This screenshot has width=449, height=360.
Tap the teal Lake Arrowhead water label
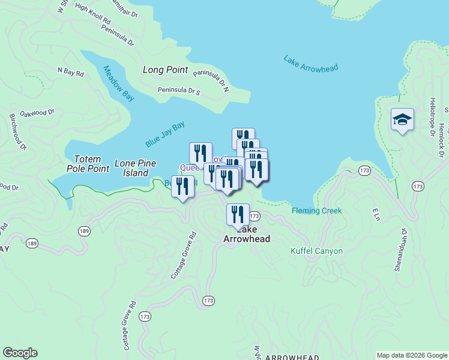pos(311,64)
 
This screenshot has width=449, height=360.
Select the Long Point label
pos(166,70)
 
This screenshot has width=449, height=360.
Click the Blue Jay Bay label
pos(165,135)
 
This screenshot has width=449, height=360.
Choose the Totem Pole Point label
pos(91,164)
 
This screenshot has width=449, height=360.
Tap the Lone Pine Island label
pos(135,168)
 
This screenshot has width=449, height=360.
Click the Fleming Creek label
pos(316,211)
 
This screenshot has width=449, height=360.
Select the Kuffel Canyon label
pos(316,251)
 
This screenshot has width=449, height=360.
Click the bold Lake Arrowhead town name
pos(246,234)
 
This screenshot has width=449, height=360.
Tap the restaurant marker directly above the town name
pos(238,215)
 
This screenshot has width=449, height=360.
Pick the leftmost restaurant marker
pos(182,186)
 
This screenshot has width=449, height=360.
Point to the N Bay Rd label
pos(70,71)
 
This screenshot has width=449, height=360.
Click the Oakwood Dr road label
pos(37,112)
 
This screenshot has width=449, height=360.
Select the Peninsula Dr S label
pos(178,91)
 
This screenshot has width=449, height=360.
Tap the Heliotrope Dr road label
pos(432,117)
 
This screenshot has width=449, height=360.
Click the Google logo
pos(20,353)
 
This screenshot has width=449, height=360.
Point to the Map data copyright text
pos(411,355)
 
